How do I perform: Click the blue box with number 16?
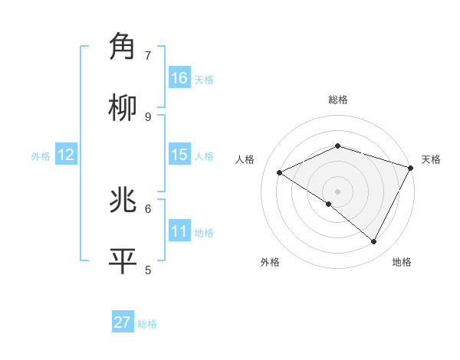coord(179,78)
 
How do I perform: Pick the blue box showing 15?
coord(179,155)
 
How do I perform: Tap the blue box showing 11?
coord(179,231)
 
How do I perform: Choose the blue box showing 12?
coord(66,155)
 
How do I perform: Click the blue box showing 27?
coord(123,322)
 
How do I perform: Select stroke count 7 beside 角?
coord(148,55)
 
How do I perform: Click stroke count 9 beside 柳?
coord(148,116)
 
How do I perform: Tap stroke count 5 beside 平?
coord(148,270)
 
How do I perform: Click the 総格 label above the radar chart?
coord(338,100)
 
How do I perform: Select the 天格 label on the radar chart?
coord(431,159)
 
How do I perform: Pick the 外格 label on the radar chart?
coord(270,263)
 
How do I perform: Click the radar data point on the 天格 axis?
coord(411,167)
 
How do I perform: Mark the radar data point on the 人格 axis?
coord(280,172)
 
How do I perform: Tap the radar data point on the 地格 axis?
coord(374,241)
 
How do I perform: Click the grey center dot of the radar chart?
coord(337,191)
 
